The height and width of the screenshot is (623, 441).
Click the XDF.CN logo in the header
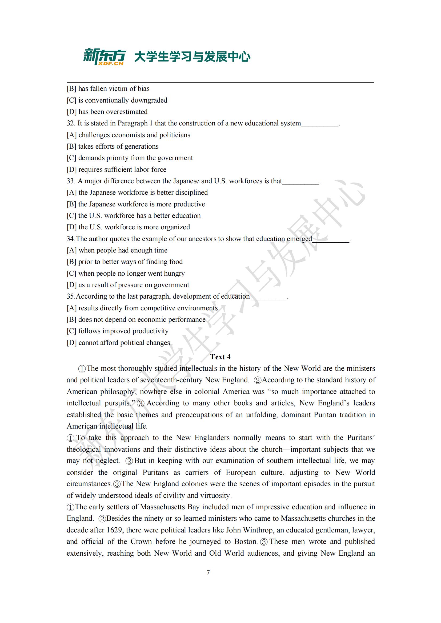point(104,57)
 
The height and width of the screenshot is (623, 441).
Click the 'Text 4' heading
point(220,357)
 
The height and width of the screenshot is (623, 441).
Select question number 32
point(71,124)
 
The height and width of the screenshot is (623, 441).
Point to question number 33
point(71,181)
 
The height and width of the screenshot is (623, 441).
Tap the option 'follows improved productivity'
point(123,331)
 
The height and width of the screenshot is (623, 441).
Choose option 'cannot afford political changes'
point(124,343)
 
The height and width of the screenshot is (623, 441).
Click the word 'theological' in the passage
point(84,449)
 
